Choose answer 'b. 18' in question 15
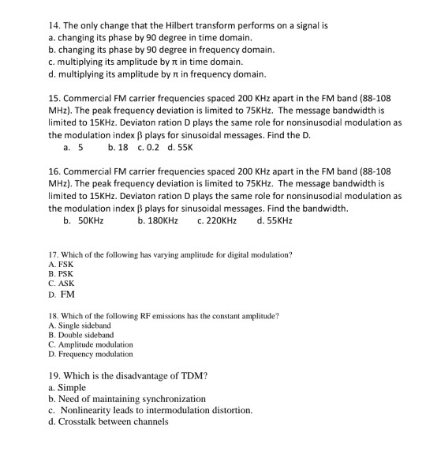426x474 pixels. (118, 147)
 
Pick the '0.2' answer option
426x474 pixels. (148, 147)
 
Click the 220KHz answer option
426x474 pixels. (216, 220)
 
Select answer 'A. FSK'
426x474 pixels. (60, 265)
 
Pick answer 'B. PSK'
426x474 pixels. (60, 274)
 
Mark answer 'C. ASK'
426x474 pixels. (60, 284)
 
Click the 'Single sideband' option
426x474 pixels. (79, 325)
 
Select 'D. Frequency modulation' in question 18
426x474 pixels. (90, 354)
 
